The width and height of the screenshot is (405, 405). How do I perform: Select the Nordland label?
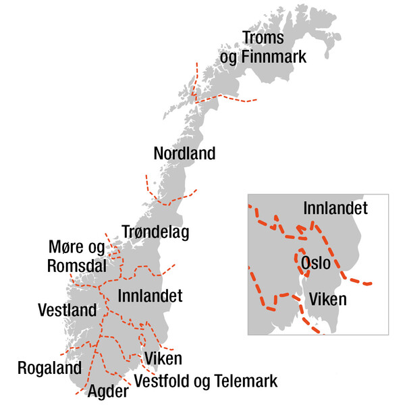coord(184,154)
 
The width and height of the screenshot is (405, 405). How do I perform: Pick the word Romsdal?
coord(77,265)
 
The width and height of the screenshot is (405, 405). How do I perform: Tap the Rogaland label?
coord(49,368)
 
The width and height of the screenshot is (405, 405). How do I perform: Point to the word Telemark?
coord(242,382)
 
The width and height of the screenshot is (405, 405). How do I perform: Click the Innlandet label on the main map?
coord(150,296)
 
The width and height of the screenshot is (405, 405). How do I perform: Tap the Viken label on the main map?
coord(163,358)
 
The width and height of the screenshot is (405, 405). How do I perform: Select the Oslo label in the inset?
coord(316,262)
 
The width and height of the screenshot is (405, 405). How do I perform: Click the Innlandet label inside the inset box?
coord(335,209)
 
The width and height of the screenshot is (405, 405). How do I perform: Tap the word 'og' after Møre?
coord(97,248)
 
